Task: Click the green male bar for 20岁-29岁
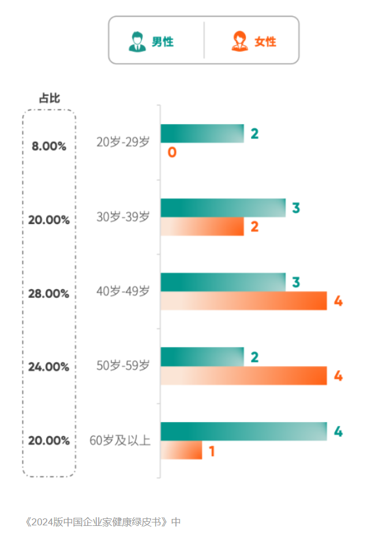click(202, 133)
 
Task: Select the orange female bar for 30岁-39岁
click(202, 227)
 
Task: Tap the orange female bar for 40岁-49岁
click(243, 301)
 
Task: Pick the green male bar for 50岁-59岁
click(202, 357)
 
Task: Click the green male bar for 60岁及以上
click(243, 431)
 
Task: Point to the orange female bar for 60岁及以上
click(181, 450)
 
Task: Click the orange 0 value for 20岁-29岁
click(172, 153)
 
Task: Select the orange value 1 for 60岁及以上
click(212, 451)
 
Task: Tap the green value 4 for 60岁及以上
click(338, 432)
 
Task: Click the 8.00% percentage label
click(49, 147)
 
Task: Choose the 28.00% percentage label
click(49, 294)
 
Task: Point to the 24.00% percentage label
click(49, 367)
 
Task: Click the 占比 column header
click(49, 98)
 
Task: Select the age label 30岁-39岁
click(123, 216)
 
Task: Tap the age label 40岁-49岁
click(123, 291)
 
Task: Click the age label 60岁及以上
click(120, 440)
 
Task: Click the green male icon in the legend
click(137, 42)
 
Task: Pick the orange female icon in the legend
click(239, 42)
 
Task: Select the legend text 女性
click(265, 42)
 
